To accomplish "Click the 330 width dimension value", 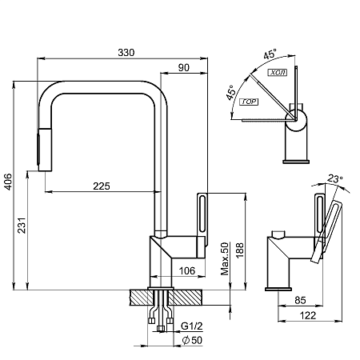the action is coord(126,53).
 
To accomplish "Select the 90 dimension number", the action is coord(184,68).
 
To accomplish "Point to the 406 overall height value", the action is coord(8,182).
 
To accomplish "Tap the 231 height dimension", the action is coord(22,226).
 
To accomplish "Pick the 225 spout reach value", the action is coord(102,186).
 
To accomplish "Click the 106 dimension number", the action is coord(187,271).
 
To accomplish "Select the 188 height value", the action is coord(239,250).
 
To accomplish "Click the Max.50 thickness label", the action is coord(225,258).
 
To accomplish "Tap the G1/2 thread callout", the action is coord(192,326).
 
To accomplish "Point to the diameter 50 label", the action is coord(192,340).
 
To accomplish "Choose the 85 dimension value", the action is coord(300,301).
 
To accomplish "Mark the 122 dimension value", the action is coord(308,316).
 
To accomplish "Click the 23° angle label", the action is coord(335,178).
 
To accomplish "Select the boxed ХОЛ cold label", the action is coord(278,73).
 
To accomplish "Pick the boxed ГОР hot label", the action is coord(249,102).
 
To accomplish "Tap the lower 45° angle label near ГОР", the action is coord(231,93).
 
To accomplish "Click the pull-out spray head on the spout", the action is coord(44,150).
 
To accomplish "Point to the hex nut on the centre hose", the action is coord(161,328).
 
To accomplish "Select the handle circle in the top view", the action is coord(296,120).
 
